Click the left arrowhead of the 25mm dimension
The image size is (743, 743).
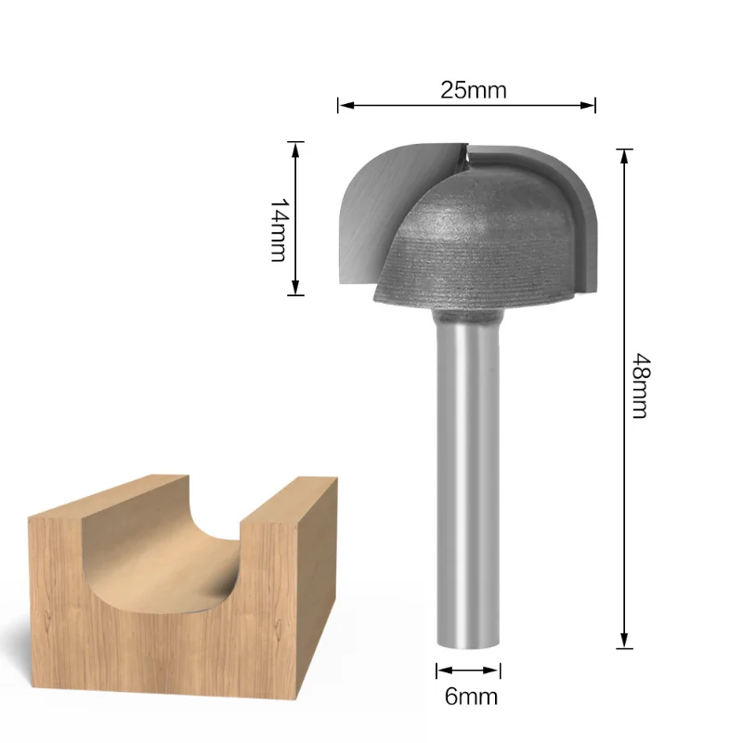coord(342,106)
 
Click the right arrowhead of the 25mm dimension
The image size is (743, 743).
coord(590,106)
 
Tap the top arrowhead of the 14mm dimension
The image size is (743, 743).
coord(296,148)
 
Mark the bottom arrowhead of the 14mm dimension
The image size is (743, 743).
coord(296,289)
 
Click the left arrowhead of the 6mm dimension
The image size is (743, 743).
coord(441,670)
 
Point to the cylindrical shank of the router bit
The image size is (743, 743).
coord(469,464)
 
